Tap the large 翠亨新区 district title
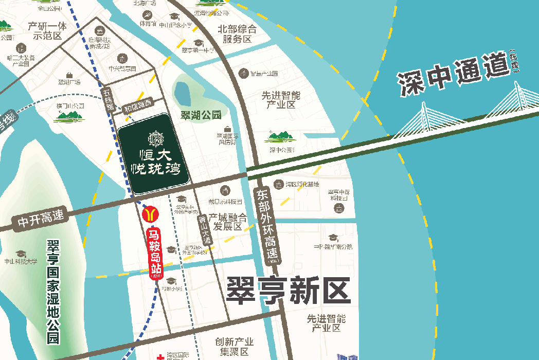pos(288,291)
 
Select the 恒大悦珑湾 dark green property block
pos(153,153)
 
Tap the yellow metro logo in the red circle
pos(150,212)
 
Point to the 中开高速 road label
pos(41,219)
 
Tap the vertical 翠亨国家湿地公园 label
pos(52,291)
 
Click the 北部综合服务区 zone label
pos(237,34)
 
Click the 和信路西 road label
pos(137,106)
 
